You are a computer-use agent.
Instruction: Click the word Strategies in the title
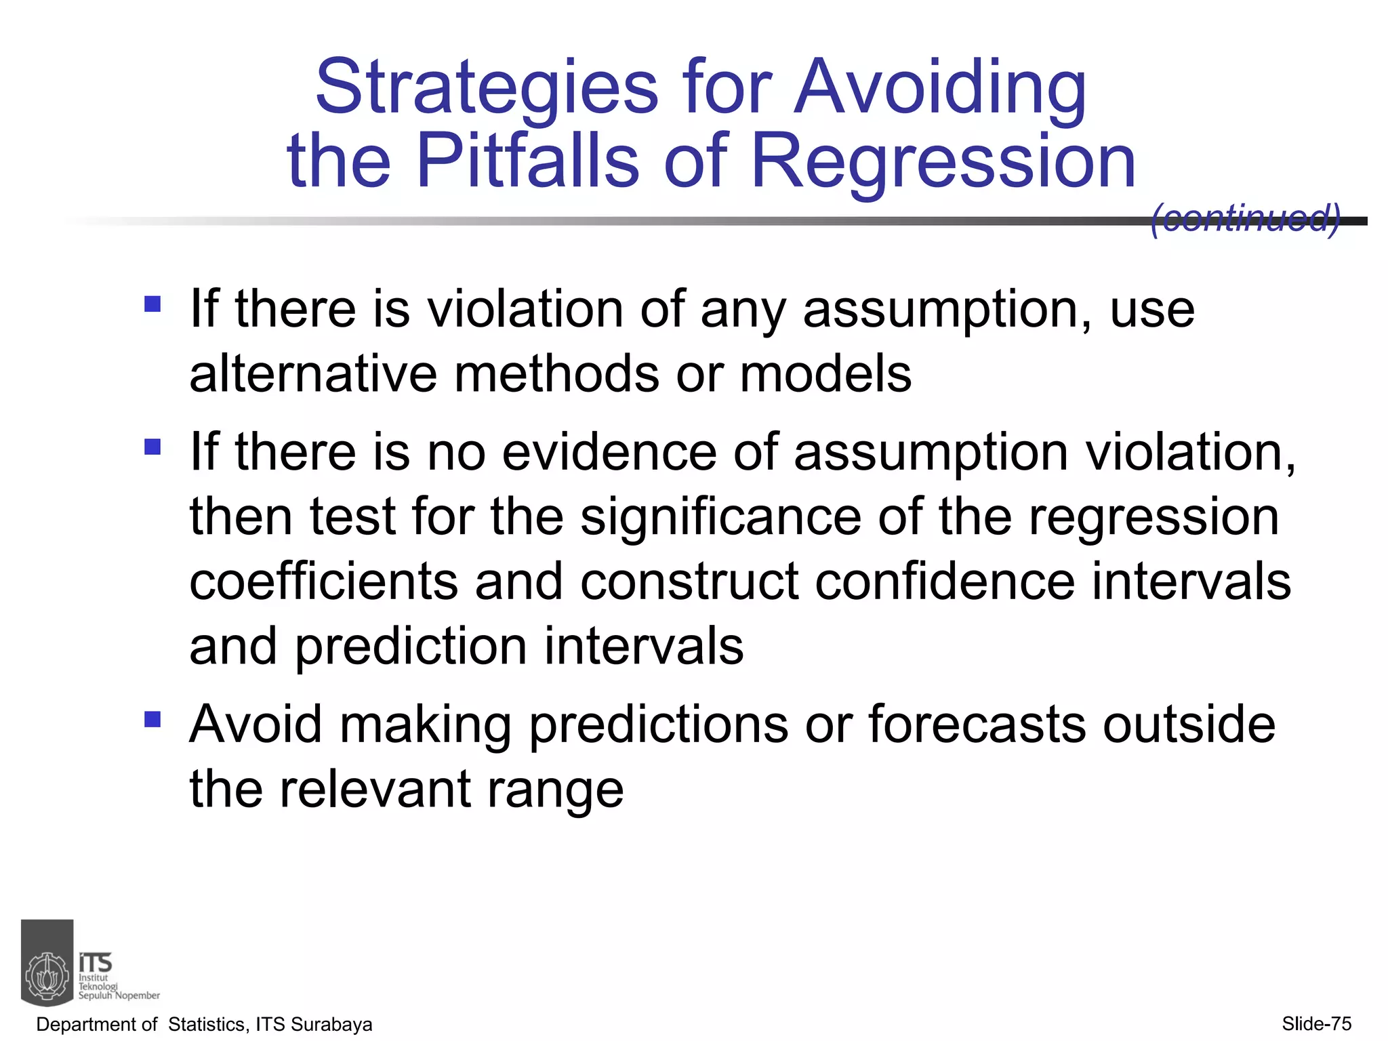point(486,88)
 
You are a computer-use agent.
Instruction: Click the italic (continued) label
point(1246,218)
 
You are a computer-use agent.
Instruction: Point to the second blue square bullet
point(152,447)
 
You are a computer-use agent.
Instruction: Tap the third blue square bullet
point(152,719)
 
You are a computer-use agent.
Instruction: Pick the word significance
point(720,516)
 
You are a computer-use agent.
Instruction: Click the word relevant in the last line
point(375,790)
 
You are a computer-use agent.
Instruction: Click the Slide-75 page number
point(1316,1023)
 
